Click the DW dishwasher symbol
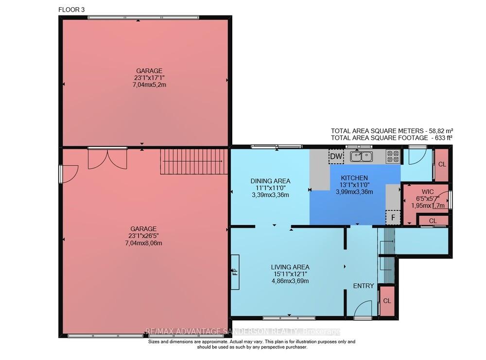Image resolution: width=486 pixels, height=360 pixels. [336, 156]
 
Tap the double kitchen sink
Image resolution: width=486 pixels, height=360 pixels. [362, 156]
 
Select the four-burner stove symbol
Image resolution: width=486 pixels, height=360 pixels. [393, 156]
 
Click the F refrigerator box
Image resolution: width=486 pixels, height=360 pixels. [393, 218]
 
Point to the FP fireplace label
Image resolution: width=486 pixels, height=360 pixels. [235, 272]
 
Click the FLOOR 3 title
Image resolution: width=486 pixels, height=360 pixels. [71, 10]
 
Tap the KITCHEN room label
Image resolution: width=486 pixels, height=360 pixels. [354, 178]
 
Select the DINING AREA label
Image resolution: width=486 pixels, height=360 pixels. [270, 181]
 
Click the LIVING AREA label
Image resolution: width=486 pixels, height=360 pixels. [290, 267]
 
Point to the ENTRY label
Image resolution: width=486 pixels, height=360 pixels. [364, 286]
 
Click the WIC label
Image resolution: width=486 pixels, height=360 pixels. [428, 192]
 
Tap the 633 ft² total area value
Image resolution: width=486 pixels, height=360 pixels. [442, 138]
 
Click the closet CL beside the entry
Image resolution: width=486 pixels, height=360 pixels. [387, 301]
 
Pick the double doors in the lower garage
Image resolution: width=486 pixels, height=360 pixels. [107, 159]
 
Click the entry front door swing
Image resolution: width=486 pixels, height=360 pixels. [363, 309]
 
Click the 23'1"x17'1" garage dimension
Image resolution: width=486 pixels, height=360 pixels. [149, 78]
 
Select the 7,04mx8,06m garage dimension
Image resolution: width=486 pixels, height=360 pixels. [143, 243]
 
